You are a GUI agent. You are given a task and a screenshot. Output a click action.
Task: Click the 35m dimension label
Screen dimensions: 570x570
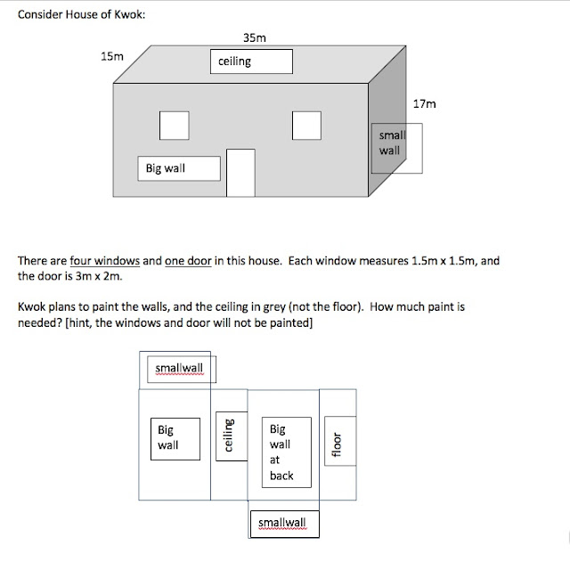[x=254, y=37]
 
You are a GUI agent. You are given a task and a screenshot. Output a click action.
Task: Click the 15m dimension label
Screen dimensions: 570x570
[x=112, y=56]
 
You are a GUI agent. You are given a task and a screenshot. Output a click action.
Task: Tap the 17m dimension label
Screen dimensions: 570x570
[x=425, y=104]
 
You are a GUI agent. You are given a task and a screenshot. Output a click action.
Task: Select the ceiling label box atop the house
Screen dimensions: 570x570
[x=251, y=61]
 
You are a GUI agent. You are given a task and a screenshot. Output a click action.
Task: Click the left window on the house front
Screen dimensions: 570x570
[x=174, y=125]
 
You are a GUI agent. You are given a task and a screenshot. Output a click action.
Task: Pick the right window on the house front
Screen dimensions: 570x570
[x=306, y=125]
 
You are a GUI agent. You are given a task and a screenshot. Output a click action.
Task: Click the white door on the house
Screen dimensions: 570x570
[x=240, y=173]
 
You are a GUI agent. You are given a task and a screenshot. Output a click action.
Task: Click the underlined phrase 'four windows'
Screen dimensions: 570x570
[x=105, y=262]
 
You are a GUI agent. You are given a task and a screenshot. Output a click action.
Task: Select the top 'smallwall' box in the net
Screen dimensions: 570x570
[x=179, y=367]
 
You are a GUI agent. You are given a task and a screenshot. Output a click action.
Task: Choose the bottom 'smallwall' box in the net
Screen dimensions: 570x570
[x=283, y=523]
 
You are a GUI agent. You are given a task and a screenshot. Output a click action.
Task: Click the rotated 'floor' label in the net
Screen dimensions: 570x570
[x=337, y=443]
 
